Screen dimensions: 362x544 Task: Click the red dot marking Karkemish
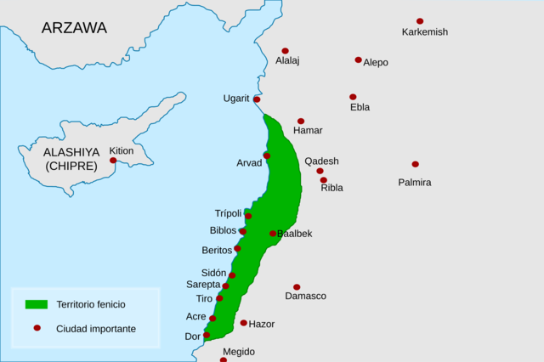(x=420, y=21)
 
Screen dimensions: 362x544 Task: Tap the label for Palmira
(x=415, y=183)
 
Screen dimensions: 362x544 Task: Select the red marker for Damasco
(x=297, y=287)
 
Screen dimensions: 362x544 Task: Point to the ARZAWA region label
(x=75, y=28)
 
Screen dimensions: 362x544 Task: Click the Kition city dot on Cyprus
(x=113, y=161)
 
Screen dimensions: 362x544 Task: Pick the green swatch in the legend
(x=36, y=304)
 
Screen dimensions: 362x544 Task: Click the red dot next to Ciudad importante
(x=36, y=328)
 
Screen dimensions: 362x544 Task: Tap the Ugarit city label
(x=236, y=99)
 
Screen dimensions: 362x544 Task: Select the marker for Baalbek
(x=273, y=233)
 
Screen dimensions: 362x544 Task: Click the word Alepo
(x=376, y=62)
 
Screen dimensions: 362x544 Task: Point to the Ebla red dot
(x=353, y=97)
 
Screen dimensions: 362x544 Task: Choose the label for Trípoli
(x=228, y=213)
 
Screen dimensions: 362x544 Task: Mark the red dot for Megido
(x=224, y=359)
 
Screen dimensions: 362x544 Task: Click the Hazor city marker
(x=244, y=323)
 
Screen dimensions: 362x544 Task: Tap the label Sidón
(x=213, y=273)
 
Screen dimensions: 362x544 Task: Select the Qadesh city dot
(x=320, y=171)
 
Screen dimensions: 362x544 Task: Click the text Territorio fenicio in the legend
(x=91, y=304)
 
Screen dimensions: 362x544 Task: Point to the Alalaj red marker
(x=285, y=51)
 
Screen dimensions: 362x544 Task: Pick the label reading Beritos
(x=216, y=250)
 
